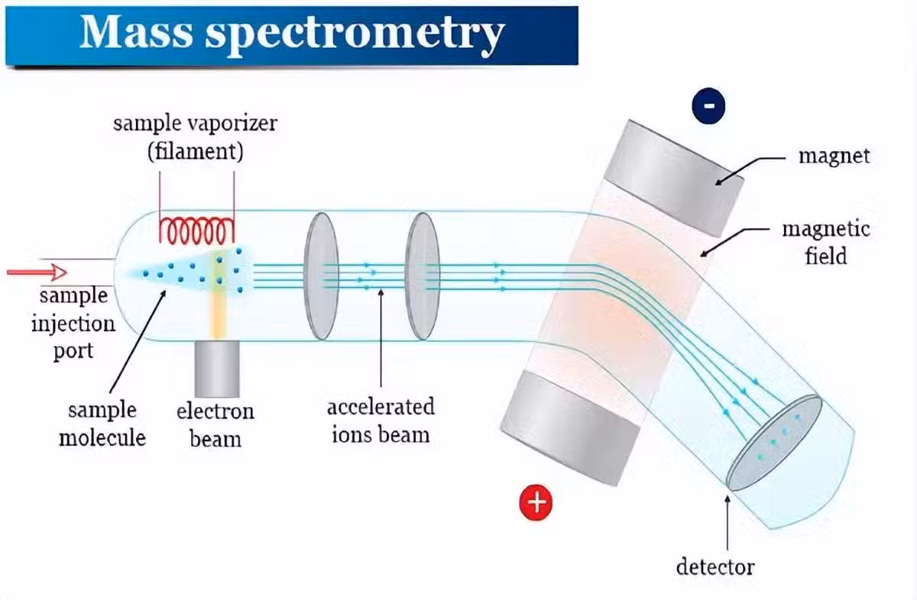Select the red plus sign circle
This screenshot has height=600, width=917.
pyautogui.click(x=536, y=502)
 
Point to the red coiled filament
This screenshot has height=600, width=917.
pyautogui.click(x=196, y=227)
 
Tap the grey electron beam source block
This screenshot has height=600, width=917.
pyautogui.click(x=216, y=371)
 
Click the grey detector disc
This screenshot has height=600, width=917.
pyautogui.click(x=773, y=442)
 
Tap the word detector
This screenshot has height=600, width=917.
pyautogui.click(x=715, y=567)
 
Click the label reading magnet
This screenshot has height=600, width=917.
pyautogui.click(x=834, y=156)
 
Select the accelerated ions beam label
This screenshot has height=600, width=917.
pyautogui.click(x=381, y=420)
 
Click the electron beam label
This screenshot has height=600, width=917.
pyautogui.click(x=215, y=424)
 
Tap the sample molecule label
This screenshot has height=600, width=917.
pyautogui.click(x=102, y=423)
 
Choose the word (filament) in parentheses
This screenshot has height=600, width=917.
pyautogui.click(x=195, y=150)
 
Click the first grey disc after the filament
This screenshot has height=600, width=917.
pyautogui.click(x=321, y=276)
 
